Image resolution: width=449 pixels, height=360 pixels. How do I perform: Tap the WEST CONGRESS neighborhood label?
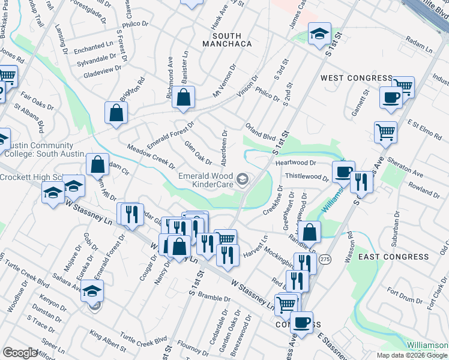[x=356, y=79]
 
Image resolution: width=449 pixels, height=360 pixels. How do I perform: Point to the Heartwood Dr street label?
[x=295, y=163]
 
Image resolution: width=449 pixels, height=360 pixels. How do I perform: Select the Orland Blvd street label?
[x=260, y=131]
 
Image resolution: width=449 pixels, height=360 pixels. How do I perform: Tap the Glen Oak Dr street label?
[x=198, y=152]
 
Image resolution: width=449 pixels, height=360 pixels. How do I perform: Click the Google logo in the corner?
[x=19, y=353]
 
